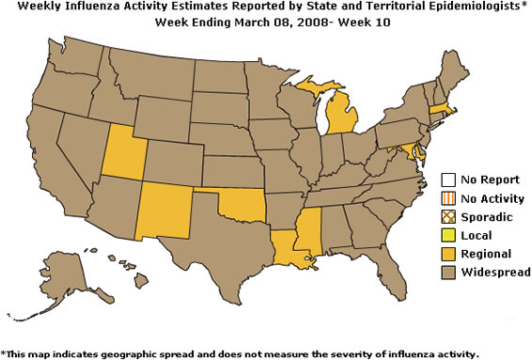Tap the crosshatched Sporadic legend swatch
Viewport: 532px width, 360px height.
(x=450, y=216)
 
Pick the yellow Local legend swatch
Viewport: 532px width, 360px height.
(x=450, y=235)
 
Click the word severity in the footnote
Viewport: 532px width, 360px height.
(x=332, y=353)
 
